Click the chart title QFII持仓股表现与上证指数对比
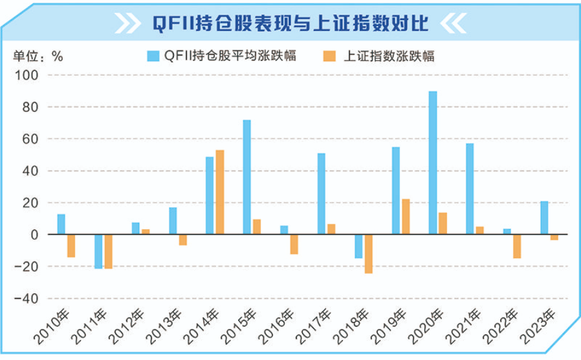point(290,24)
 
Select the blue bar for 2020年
point(433,163)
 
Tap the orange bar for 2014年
point(220,192)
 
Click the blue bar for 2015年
point(247,177)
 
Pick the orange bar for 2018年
point(368,254)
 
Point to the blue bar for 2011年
point(98,251)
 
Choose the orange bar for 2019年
point(406,217)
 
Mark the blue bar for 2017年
point(321,194)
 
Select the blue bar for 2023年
point(544,218)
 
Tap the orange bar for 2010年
point(71,246)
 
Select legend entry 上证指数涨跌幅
point(379,56)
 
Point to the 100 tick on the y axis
point(32,75)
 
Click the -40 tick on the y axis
point(30,298)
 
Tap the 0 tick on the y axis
point(36,234)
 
